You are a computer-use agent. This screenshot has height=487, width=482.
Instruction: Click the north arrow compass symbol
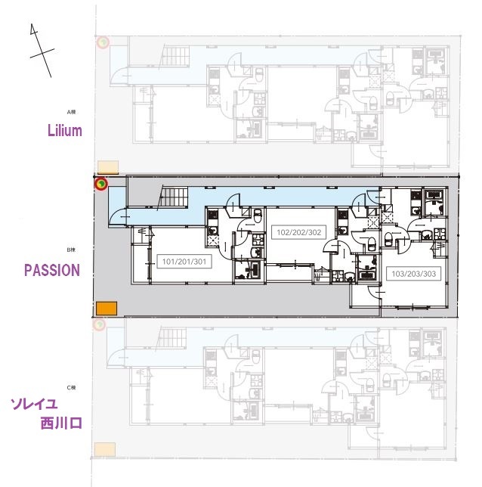39,48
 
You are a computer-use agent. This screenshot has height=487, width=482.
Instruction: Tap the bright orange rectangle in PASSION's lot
106,308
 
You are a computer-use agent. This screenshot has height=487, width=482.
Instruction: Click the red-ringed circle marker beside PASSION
100,183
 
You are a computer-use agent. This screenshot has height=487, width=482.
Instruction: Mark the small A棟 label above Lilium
72,112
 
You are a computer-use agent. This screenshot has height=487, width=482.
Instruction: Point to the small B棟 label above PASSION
72,250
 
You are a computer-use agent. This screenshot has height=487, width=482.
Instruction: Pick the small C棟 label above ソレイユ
72,387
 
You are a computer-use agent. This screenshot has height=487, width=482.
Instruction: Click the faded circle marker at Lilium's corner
101,43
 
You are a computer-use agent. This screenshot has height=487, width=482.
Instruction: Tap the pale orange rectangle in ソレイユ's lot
105,449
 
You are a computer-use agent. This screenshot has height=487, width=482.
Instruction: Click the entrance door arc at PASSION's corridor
119,217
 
